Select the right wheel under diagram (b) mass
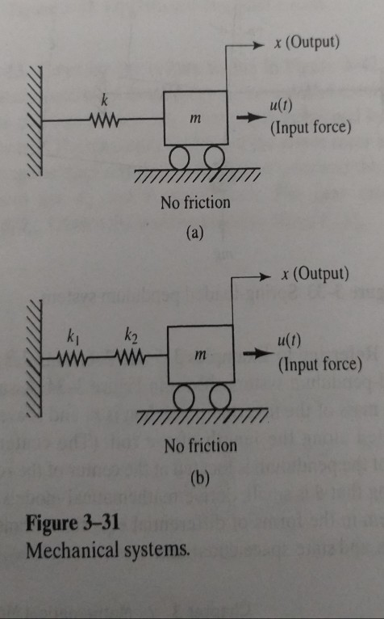219,396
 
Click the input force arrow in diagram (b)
257,354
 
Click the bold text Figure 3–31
73,522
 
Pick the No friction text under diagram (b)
200,446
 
